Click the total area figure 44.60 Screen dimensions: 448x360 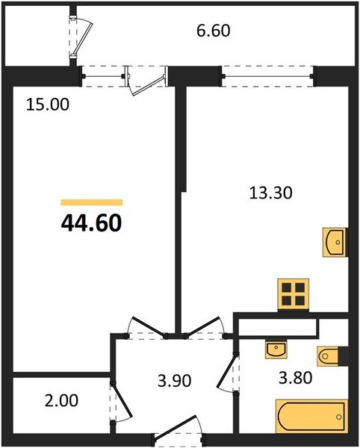[x=91, y=222]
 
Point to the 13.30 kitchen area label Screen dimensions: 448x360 [x=270, y=192]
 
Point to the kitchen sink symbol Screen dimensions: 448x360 [x=334, y=242]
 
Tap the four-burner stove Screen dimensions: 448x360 [x=292, y=293]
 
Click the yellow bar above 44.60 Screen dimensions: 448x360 [x=91, y=202]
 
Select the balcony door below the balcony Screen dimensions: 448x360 [x=146, y=77]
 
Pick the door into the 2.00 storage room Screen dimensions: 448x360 [x=120, y=404]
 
